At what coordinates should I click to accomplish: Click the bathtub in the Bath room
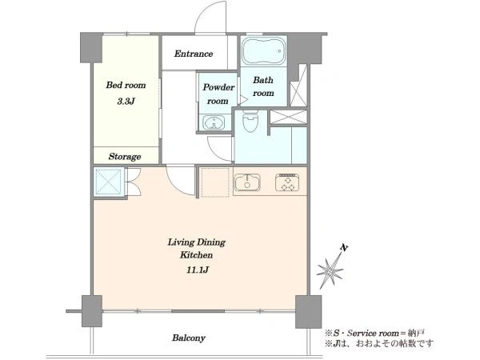pos(263,51)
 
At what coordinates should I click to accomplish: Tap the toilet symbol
pos(250,122)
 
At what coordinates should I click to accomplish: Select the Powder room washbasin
pos(214,123)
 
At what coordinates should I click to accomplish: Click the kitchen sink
pos(247,182)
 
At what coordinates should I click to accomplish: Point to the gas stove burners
pos(287,182)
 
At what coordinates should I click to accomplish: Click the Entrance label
pos(194,54)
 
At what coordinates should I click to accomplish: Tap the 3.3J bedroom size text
pos(126,102)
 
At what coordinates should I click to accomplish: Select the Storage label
pos(125,157)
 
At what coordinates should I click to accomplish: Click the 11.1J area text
pos(198,270)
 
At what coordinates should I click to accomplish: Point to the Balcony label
pos(189,338)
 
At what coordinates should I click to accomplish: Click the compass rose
pos(330,270)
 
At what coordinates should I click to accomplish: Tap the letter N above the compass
pos(345,248)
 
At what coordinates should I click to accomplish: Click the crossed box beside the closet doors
pos(109,182)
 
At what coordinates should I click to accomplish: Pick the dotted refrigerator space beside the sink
pos(214,182)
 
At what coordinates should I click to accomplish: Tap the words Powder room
pos(218,94)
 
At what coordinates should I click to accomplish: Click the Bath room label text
pos(263,86)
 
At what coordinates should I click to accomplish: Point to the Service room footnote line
pos(374,333)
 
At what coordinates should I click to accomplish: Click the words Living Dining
pos(196,242)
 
